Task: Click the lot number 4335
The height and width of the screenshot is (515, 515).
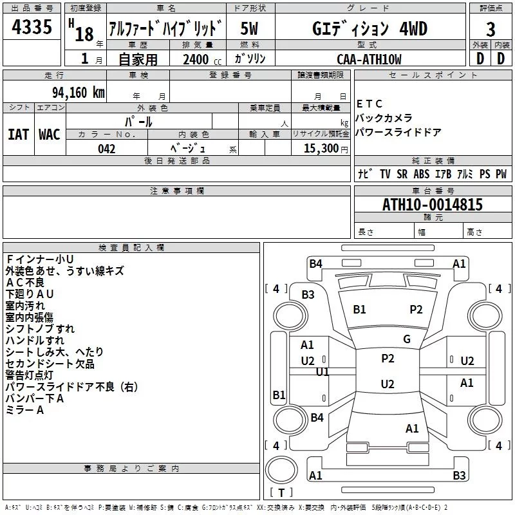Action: pyautogui.click(x=32, y=26)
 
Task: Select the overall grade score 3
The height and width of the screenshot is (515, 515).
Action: pyautogui.click(x=491, y=29)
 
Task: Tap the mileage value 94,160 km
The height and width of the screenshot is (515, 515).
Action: pyautogui.click(x=79, y=93)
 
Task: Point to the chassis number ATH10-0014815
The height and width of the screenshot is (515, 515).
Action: pyautogui.click(x=433, y=204)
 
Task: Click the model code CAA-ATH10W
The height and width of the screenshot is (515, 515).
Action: pyautogui.click(x=369, y=59)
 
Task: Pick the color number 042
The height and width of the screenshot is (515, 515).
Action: pyautogui.click(x=107, y=149)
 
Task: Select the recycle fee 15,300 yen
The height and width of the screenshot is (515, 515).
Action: pyautogui.click(x=326, y=149)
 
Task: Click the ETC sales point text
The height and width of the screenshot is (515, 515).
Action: pyautogui.click(x=370, y=104)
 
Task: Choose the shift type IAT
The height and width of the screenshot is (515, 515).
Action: pyautogui.click(x=19, y=135)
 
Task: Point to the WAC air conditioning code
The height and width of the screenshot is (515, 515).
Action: pyautogui.click(x=50, y=135)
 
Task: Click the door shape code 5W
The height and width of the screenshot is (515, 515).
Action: pyautogui.click(x=249, y=28)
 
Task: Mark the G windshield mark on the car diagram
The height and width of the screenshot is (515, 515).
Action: pyautogui.click(x=407, y=339)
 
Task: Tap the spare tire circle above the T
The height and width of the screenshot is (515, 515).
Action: pyautogui.click(x=281, y=470)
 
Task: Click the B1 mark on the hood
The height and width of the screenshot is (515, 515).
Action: pyautogui.click(x=359, y=310)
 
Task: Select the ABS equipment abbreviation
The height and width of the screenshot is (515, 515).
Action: pyautogui.click(x=422, y=174)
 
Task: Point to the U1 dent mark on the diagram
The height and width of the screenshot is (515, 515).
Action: pyautogui.click(x=323, y=372)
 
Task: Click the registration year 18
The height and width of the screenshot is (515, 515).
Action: pyautogui.click(x=84, y=34)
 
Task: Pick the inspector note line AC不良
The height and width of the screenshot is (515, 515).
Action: pyautogui.click(x=25, y=283)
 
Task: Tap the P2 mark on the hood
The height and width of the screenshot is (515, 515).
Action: pyautogui.click(x=416, y=310)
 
